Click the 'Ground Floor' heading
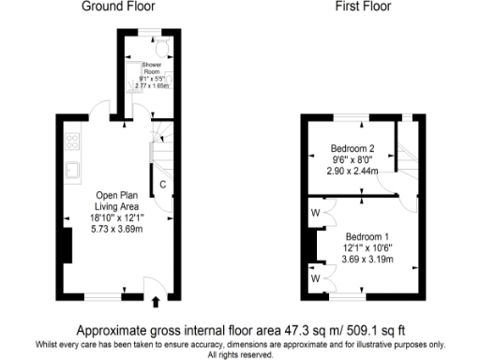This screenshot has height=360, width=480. (118, 7)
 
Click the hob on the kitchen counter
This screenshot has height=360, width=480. (71, 142)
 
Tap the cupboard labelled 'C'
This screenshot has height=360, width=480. (162, 184)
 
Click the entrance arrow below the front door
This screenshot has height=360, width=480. (156, 302)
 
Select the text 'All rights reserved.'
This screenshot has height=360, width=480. (240, 355)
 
